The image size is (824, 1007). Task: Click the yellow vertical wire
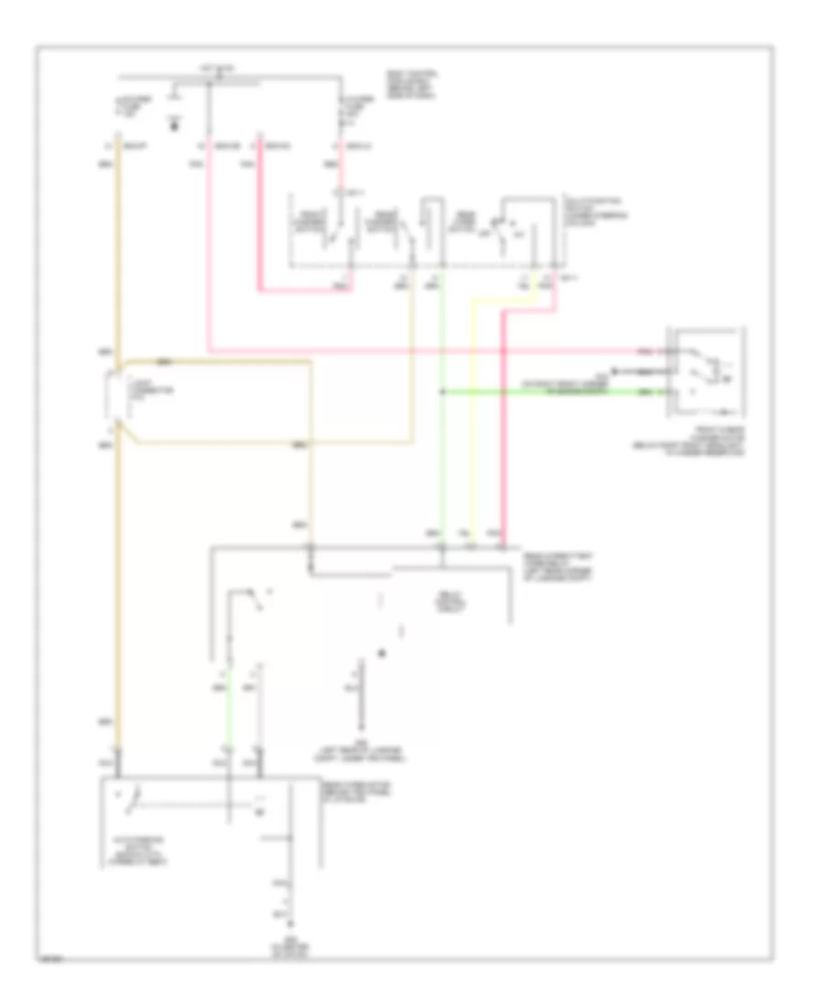tap(472, 421)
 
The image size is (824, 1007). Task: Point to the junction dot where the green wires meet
tap(441, 392)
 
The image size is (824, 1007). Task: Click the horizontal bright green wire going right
tap(549, 392)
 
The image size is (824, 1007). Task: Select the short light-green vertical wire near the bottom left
tap(228, 723)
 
